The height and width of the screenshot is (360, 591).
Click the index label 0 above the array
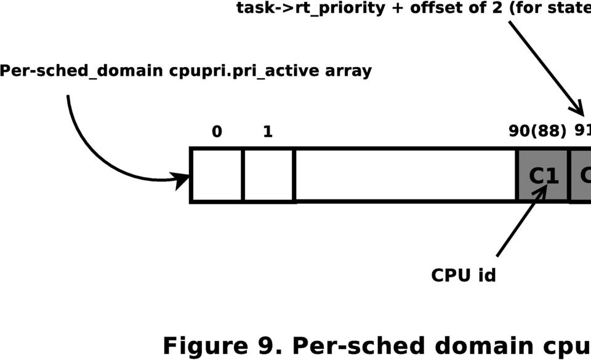tap(217, 132)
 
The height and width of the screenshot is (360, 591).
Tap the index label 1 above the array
tap(268, 132)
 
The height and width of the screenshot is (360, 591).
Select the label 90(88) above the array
tap(537, 132)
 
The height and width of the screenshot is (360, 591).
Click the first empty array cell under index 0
tap(217, 175)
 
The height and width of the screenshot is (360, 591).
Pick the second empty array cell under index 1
tap(268, 175)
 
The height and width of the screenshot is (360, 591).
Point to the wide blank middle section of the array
tap(405, 175)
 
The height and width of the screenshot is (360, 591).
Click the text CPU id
tap(463, 274)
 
